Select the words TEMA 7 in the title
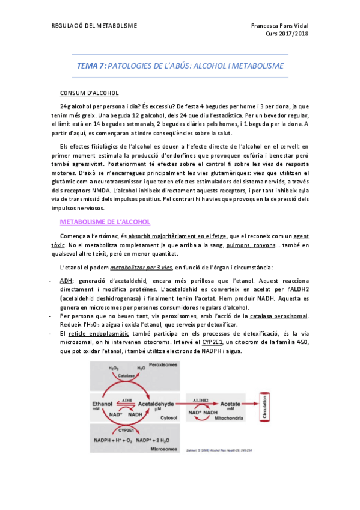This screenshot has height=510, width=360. point(91,66)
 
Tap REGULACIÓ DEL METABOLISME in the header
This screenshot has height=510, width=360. point(94,25)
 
